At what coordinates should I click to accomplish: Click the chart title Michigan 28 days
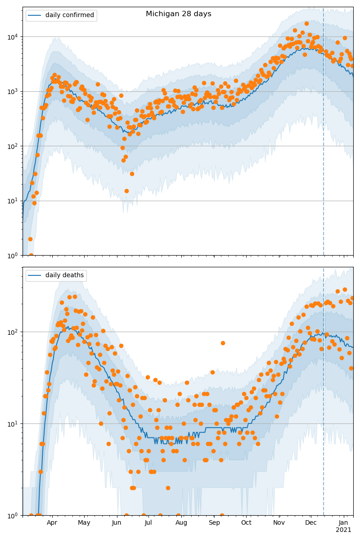click(x=178, y=14)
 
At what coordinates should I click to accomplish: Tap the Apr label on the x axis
click(x=52, y=522)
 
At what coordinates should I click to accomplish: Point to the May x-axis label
click(x=84, y=522)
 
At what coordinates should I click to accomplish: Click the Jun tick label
click(x=117, y=522)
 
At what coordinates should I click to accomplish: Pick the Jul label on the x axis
click(x=148, y=522)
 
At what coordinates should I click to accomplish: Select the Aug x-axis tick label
click(x=181, y=522)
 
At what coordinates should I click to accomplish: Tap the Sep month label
click(x=214, y=522)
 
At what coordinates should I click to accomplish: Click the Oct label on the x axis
click(x=246, y=522)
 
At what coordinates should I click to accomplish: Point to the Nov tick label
click(x=279, y=522)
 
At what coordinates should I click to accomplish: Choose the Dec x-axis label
click(x=311, y=522)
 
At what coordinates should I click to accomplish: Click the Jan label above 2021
click(x=343, y=522)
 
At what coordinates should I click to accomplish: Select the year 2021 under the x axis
click(x=343, y=530)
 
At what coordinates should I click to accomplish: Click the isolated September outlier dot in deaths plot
click(x=223, y=343)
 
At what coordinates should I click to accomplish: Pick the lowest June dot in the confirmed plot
click(x=126, y=191)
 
